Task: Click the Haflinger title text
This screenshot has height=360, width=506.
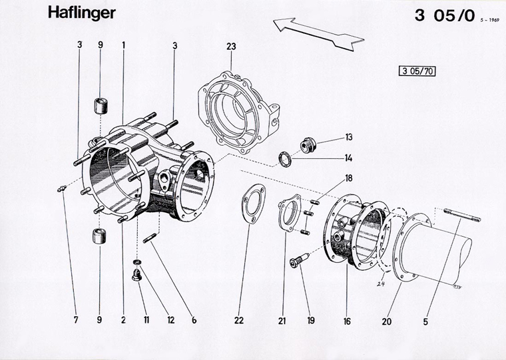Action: click(81, 14)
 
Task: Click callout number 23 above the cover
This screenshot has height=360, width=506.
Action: click(231, 47)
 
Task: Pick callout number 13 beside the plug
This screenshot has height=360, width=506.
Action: click(348, 138)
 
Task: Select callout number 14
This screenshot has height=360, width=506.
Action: click(348, 158)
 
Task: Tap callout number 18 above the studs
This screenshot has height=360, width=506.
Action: click(348, 178)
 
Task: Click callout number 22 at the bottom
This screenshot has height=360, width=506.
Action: click(239, 321)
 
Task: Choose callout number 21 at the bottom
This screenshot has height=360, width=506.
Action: click(282, 321)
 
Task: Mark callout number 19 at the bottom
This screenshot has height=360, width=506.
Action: click(310, 321)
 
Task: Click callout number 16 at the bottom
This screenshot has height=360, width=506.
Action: click(347, 321)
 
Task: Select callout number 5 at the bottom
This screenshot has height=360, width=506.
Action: click(425, 321)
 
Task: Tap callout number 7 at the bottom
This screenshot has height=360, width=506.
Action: click(76, 321)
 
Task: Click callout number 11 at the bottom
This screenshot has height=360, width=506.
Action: click(146, 321)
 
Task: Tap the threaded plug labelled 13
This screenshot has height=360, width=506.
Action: click(308, 144)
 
